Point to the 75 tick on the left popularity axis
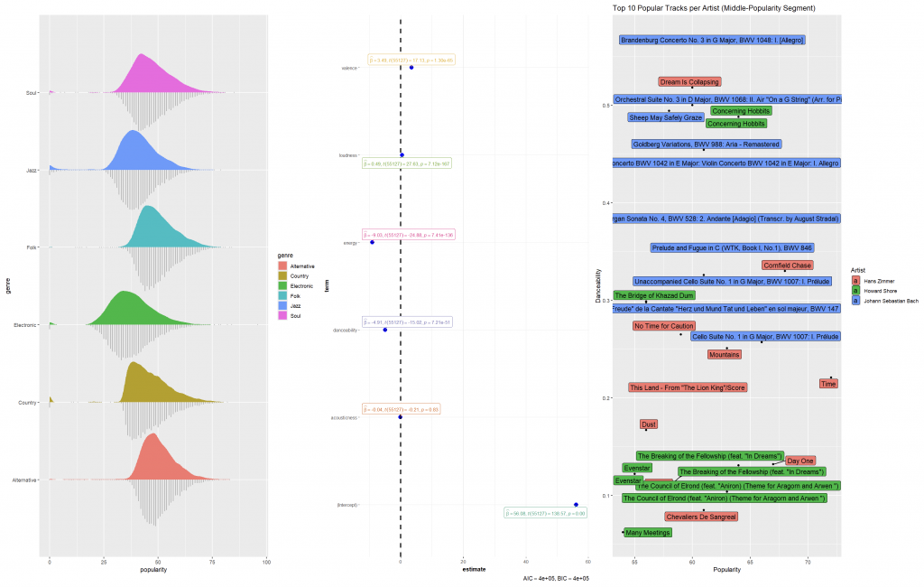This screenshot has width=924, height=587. (x=212, y=562)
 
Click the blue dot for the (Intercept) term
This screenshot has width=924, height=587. (x=576, y=505)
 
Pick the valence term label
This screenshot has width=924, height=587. (x=347, y=68)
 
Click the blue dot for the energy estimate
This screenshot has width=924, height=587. (x=372, y=242)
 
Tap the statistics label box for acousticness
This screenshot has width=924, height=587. (x=401, y=408)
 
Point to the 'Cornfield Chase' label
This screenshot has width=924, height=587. (x=787, y=266)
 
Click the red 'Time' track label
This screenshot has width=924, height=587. (x=828, y=384)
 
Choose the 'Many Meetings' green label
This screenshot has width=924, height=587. (x=648, y=533)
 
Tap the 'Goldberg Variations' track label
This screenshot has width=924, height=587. (x=707, y=144)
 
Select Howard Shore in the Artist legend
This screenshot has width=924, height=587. (x=880, y=291)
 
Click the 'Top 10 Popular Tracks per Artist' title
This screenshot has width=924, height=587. (x=714, y=8)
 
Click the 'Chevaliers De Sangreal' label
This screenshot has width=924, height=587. (x=701, y=517)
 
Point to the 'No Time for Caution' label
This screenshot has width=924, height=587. (x=663, y=326)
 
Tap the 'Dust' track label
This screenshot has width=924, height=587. (x=648, y=424)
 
